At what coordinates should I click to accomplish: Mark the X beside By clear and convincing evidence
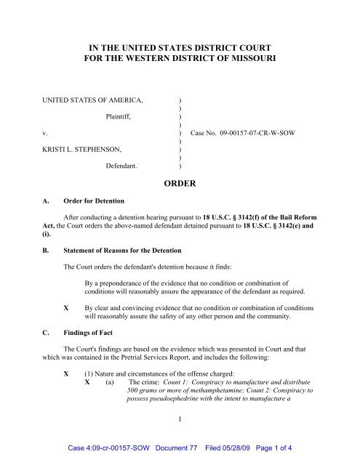[67, 308]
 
